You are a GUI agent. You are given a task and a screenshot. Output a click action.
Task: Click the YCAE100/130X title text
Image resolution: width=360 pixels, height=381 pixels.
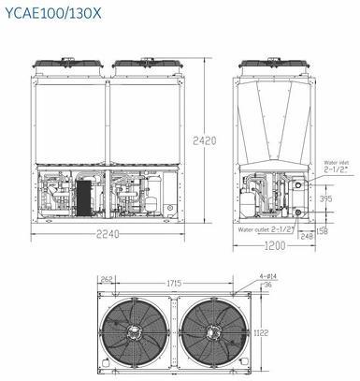(x=53, y=13)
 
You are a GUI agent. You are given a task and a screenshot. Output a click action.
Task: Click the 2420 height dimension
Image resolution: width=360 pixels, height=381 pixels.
(x=205, y=140)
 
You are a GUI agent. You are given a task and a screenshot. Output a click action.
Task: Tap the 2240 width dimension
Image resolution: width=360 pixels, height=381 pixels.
(x=108, y=234)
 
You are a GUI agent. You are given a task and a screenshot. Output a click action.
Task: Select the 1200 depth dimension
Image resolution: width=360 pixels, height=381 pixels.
(x=275, y=246)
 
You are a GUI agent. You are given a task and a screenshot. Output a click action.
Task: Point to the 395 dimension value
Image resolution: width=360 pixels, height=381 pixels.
(x=325, y=198)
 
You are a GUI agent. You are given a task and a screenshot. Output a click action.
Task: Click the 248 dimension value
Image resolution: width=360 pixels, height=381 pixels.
(x=307, y=236)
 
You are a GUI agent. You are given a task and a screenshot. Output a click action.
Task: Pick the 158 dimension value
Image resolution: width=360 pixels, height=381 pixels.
(x=322, y=231)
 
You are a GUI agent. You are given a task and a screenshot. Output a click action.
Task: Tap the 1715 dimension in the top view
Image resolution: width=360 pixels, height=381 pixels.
(x=174, y=284)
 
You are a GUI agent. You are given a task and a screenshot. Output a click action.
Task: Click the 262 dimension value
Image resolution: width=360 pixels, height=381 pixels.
(x=107, y=279)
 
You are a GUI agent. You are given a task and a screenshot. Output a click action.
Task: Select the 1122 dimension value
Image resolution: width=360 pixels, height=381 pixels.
(x=261, y=333)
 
